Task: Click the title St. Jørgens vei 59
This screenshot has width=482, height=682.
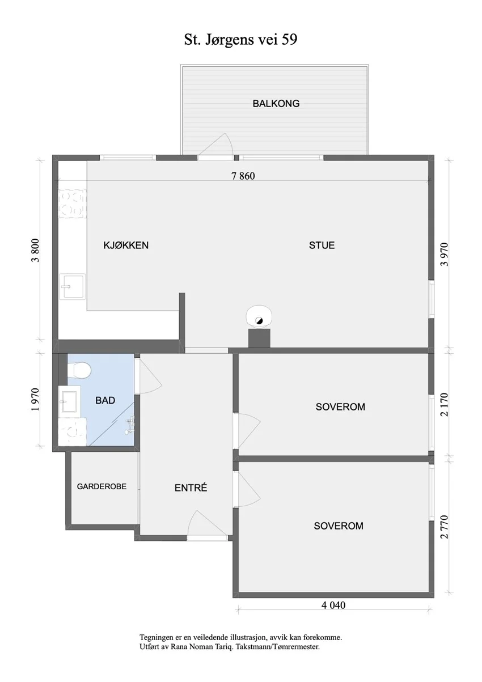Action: (240, 40)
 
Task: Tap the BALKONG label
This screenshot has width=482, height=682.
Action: (276, 104)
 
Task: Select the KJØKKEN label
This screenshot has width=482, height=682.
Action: (126, 245)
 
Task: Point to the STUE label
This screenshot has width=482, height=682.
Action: (322, 245)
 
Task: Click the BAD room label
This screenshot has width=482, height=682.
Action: (105, 400)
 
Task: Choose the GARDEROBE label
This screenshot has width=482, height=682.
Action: (102, 486)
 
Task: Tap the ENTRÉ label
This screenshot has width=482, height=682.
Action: (191, 488)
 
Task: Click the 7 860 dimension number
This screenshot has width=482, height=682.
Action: (243, 176)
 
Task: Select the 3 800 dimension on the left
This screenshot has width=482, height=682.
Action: (35, 250)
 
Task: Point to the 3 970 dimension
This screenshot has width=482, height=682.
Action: (445, 254)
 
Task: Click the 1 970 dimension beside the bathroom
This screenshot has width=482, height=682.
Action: (35, 400)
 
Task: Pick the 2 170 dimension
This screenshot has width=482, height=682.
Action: (445, 404)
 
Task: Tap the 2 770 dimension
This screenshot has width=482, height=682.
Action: (445, 527)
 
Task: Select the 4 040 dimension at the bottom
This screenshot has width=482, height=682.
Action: (333, 605)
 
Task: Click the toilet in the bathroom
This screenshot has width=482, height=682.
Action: (79, 370)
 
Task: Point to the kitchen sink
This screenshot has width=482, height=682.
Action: (73, 287)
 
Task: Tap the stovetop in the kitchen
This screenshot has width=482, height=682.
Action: (73, 204)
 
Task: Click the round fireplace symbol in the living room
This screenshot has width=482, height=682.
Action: (259, 316)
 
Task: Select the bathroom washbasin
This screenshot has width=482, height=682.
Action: (69, 402)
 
